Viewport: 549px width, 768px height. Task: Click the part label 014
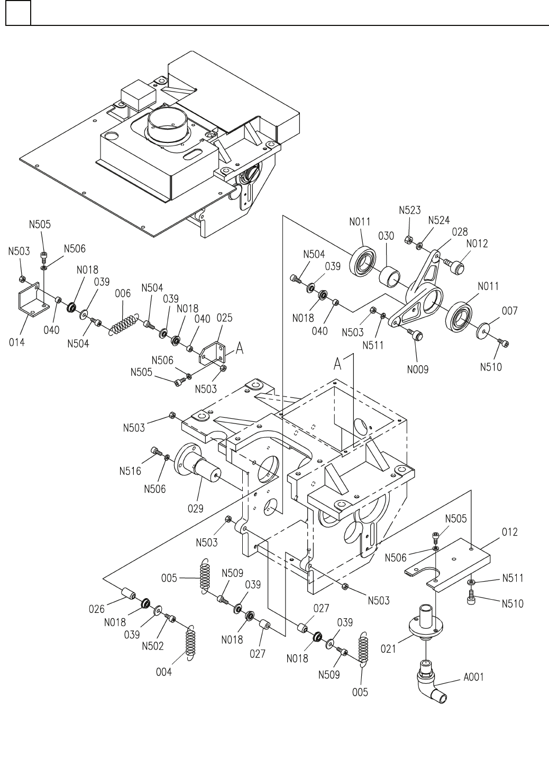tap(17, 342)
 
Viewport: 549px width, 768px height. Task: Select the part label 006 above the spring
tap(123, 293)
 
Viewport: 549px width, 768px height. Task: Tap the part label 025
tap(224, 318)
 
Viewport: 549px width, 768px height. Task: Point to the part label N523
tap(409, 210)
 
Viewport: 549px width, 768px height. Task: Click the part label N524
tap(438, 220)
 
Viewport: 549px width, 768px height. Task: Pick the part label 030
tap(386, 236)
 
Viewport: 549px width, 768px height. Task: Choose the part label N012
tap(477, 243)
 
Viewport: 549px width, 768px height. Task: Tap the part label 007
tap(509, 311)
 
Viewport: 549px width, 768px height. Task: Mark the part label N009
tap(418, 369)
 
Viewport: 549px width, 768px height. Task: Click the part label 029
tap(195, 509)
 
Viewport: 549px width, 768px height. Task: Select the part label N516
tap(130, 471)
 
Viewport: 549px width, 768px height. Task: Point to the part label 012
tap(509, 532)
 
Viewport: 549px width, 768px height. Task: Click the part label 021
tap(388, 649)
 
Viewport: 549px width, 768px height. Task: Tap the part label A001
tap(473, 677)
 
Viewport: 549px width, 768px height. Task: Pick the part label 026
tap(97, 609)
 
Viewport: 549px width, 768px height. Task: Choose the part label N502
tap(153, 646)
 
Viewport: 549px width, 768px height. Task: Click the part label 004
tap(164, 672)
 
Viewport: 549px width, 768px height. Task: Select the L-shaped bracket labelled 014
tap(34, 300)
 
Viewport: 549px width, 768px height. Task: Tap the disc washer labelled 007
tap(483, 330)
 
